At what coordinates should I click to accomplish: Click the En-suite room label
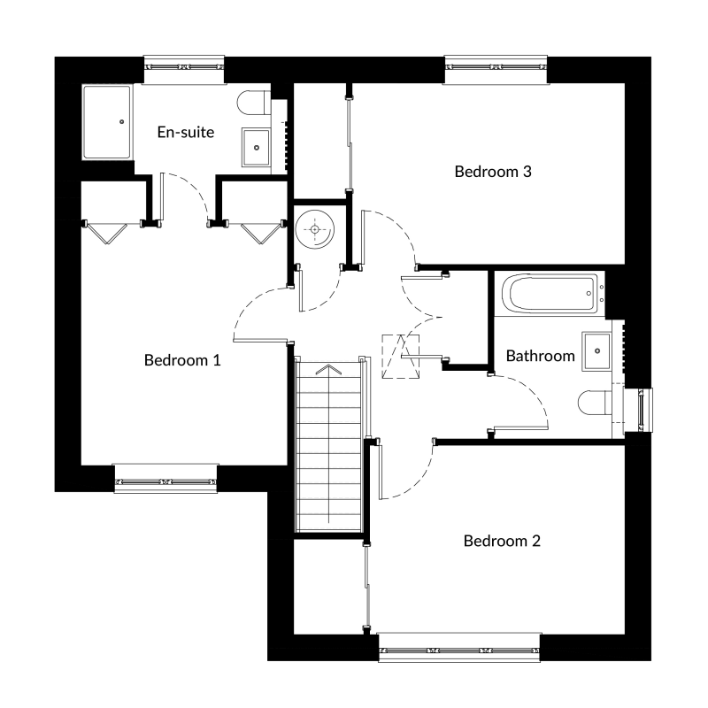tap(186, 132)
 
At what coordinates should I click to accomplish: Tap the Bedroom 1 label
tap(182, 360)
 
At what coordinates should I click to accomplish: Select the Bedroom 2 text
tap(502, 541)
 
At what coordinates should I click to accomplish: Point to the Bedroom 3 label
tap(493, 172)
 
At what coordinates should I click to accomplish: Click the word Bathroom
tap(540, 356)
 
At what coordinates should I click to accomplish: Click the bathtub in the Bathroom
tap(550, 294)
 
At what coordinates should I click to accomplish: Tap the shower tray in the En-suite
tap(107, 122)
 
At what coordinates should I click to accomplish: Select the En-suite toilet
tap(254, 103)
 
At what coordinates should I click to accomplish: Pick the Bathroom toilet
tap(595, 403)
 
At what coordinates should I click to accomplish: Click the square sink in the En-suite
tap(256, 148)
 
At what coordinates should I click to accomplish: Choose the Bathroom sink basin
tap(596, 351)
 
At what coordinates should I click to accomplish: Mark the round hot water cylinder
tap(315, 229)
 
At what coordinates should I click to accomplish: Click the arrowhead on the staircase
tap(328, 370)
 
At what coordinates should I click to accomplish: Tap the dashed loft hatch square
tap(401, 357)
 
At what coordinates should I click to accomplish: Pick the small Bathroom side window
tap(639, 410)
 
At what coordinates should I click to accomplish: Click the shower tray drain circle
tap(121, 122)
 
